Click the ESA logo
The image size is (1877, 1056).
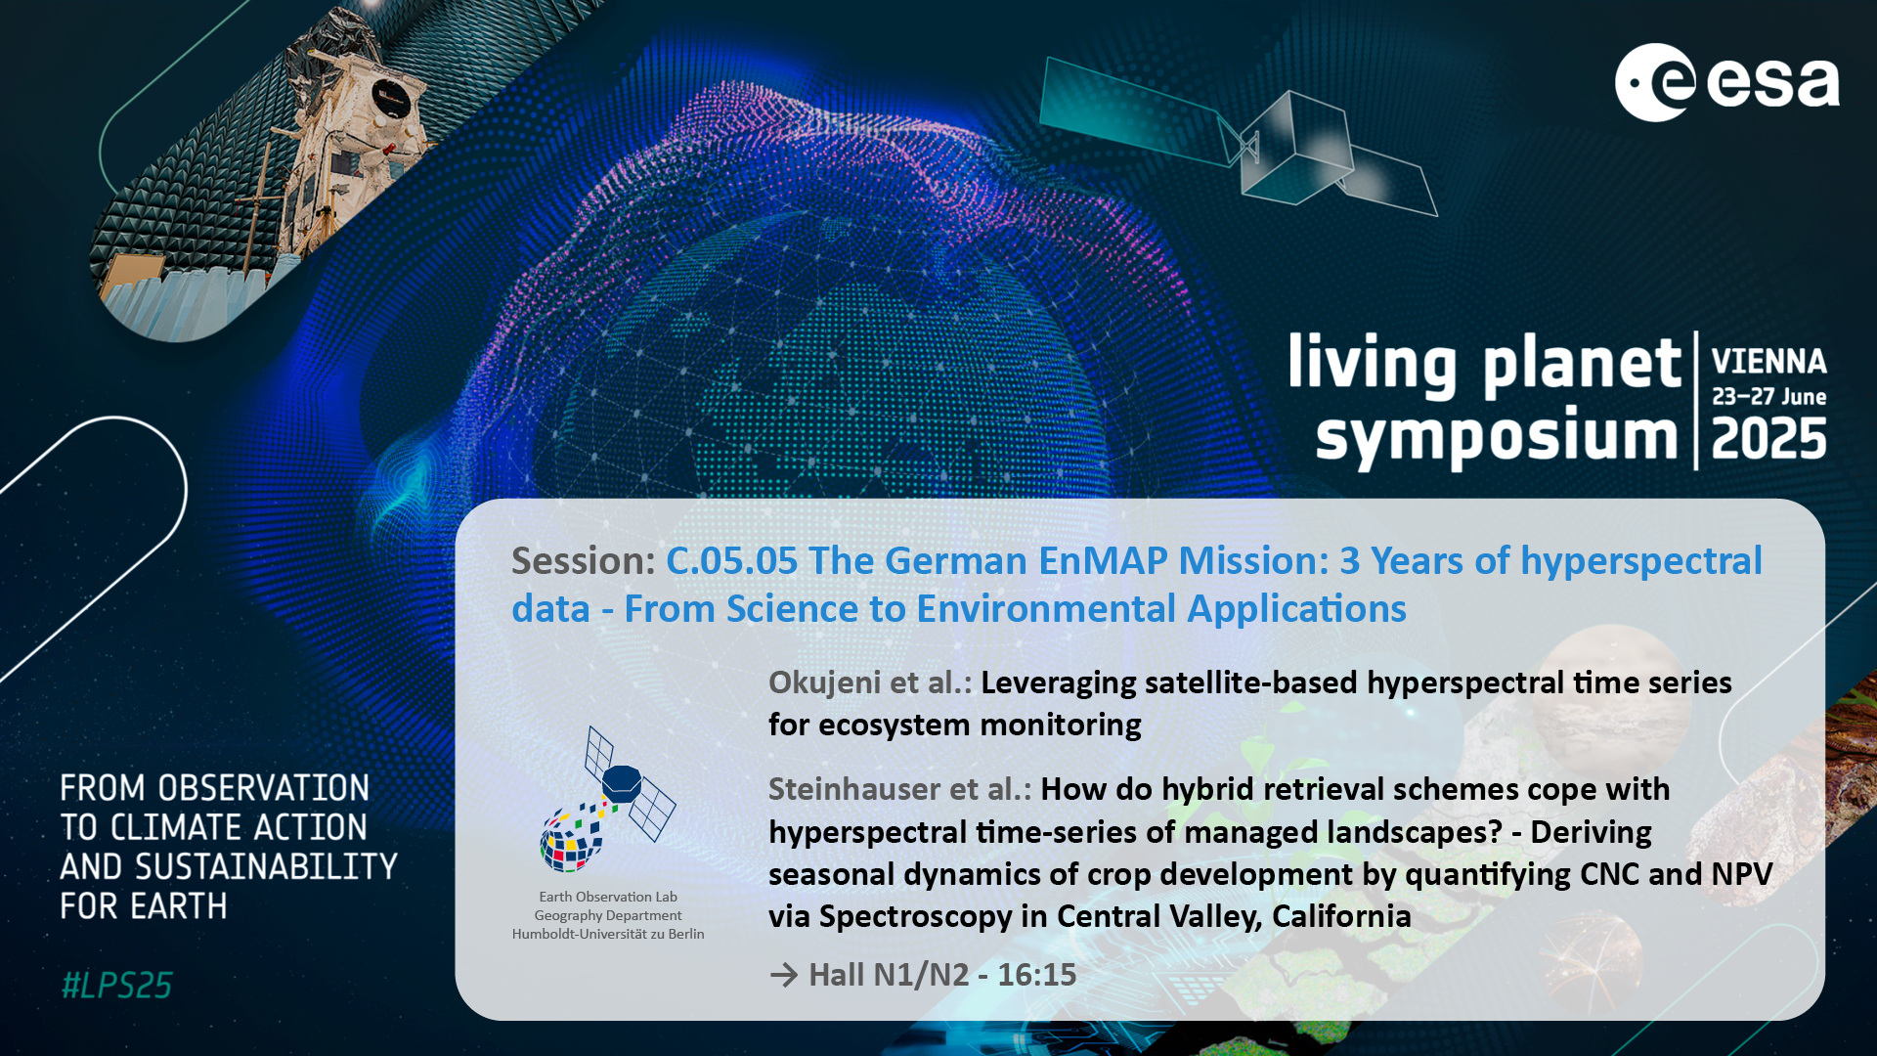tap(1726, 82)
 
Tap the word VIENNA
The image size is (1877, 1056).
tap(1768, 362)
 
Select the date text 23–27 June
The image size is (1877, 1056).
tap(1768, 397)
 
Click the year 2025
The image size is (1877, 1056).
tap(1768, 439)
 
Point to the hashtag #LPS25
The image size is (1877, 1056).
tap(116, 986)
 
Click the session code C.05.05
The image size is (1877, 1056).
tap(732, 560)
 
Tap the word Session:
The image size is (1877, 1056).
tap(584, 560)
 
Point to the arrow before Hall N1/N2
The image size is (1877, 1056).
tap(784, 975)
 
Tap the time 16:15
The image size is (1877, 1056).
tap(1036, 975)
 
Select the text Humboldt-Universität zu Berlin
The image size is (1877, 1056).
tap(608, 934)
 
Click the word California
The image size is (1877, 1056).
tap(1341, 916)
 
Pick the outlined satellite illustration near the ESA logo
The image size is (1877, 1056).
tap(1238, 137)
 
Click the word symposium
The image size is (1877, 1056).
tap(1497, 438)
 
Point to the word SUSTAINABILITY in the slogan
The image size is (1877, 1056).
tap(266, 867)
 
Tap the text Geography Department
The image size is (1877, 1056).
tap(608, 915)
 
